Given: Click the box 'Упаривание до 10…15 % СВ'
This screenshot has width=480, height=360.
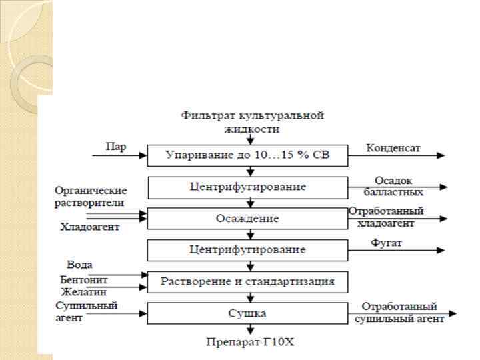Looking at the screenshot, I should (x=247, y=156).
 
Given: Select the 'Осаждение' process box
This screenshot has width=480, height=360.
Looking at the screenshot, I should (x=247, y=219).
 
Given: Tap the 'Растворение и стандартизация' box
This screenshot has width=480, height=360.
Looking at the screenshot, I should (x=247, y=281).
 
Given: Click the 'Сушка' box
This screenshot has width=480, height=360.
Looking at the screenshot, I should (x=247, y=313).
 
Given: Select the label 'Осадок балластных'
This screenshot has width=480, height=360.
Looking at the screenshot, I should (x=393, y=186).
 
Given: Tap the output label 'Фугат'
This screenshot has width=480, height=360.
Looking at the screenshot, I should (x=387, y=243).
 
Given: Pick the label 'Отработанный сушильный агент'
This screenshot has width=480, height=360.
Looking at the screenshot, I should (x=399, y=313).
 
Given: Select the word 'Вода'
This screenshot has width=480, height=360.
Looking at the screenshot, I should (x=79, y=265).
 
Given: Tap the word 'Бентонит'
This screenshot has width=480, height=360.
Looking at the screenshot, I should (x=84, y=280).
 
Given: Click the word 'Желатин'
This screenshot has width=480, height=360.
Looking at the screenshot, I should (x=84, y=291).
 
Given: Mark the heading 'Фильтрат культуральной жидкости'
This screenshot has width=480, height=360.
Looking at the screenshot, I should (x=252, y=121).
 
